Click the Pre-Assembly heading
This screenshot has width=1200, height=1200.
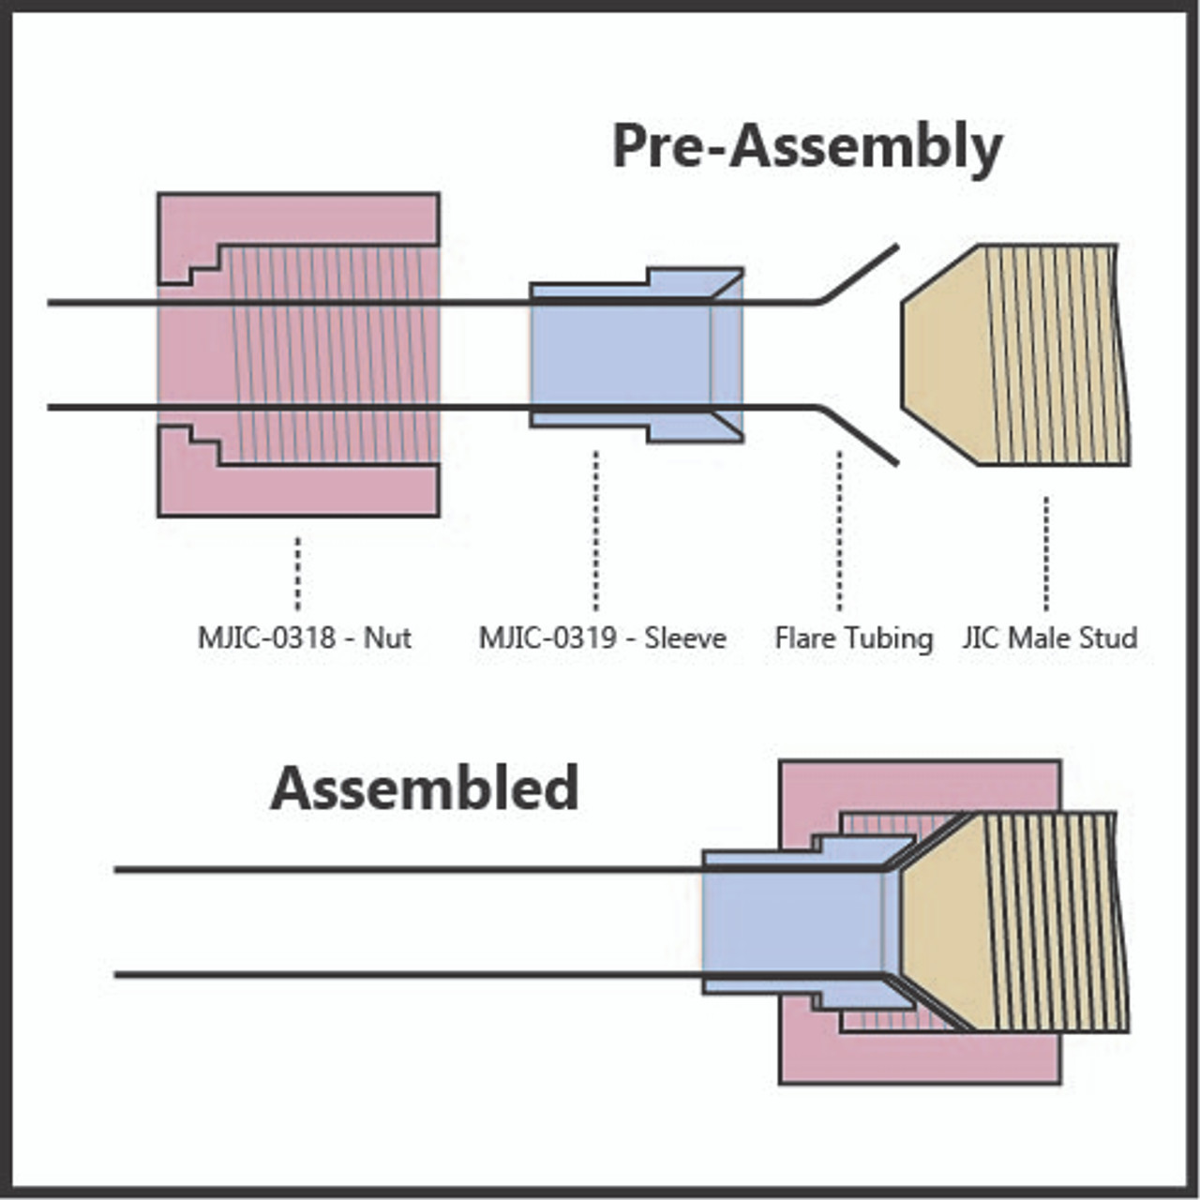pos(807,147)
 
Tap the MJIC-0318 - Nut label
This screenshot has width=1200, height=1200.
pos(305,637)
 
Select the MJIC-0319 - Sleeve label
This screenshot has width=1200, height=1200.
pos(602,637)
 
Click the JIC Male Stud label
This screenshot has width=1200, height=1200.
pos(1050,637)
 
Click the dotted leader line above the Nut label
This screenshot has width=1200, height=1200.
pos(298,574)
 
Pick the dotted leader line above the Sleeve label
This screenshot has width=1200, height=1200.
pos(596,532)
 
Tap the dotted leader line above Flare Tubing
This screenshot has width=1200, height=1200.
pos(839,532)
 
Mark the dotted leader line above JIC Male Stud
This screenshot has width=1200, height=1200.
pos(1046,554)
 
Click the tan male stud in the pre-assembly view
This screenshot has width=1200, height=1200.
pos(1015,355)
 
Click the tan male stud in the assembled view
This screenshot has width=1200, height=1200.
pos(1015,922)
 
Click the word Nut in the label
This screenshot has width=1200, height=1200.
pos(387,637)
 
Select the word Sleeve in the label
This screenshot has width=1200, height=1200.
pos(685,637)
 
